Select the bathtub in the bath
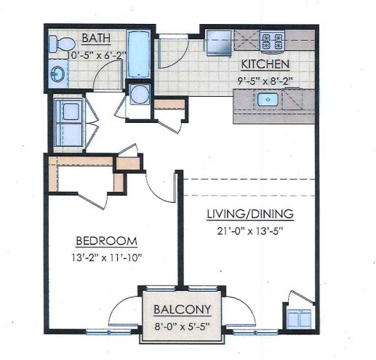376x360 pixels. pos(138,54)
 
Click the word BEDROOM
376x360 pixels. pos(107,241)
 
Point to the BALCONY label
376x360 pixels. pos(183,308)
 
